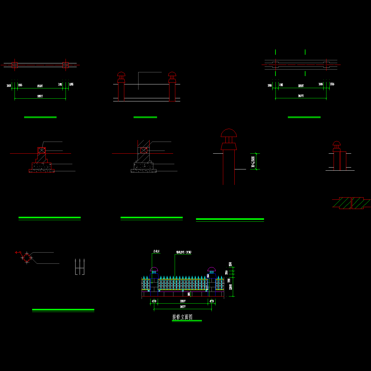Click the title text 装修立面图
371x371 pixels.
182,317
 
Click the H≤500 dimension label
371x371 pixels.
253,162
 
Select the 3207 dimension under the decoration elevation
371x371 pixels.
183,301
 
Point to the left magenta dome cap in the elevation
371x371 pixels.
154,269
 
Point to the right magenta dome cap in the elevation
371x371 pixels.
211,269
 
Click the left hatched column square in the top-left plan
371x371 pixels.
15,65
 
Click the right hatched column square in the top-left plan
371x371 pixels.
66,65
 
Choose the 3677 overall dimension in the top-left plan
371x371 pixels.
40,96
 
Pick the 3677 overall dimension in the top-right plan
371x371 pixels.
301,96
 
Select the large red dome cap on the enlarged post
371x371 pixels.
228,133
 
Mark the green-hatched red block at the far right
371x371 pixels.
351,203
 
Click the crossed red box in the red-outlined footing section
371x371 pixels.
41,150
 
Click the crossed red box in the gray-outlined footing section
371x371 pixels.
143,150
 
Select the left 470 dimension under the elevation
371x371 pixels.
154,301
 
